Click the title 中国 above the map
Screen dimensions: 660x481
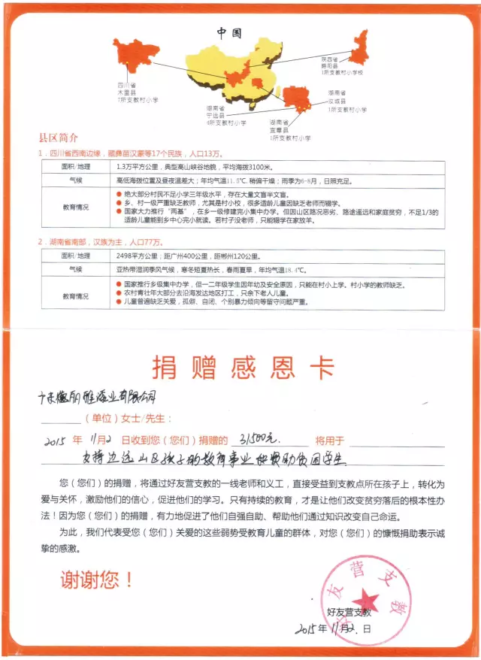tap(228, 32)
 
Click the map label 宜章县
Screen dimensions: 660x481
tap(280, 129)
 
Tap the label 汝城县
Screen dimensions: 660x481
tap(336, 101)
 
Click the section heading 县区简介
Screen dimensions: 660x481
tap(58, 138)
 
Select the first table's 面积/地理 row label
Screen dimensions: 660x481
tap(74, 166)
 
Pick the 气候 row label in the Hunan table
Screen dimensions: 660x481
tap(74, 269)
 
